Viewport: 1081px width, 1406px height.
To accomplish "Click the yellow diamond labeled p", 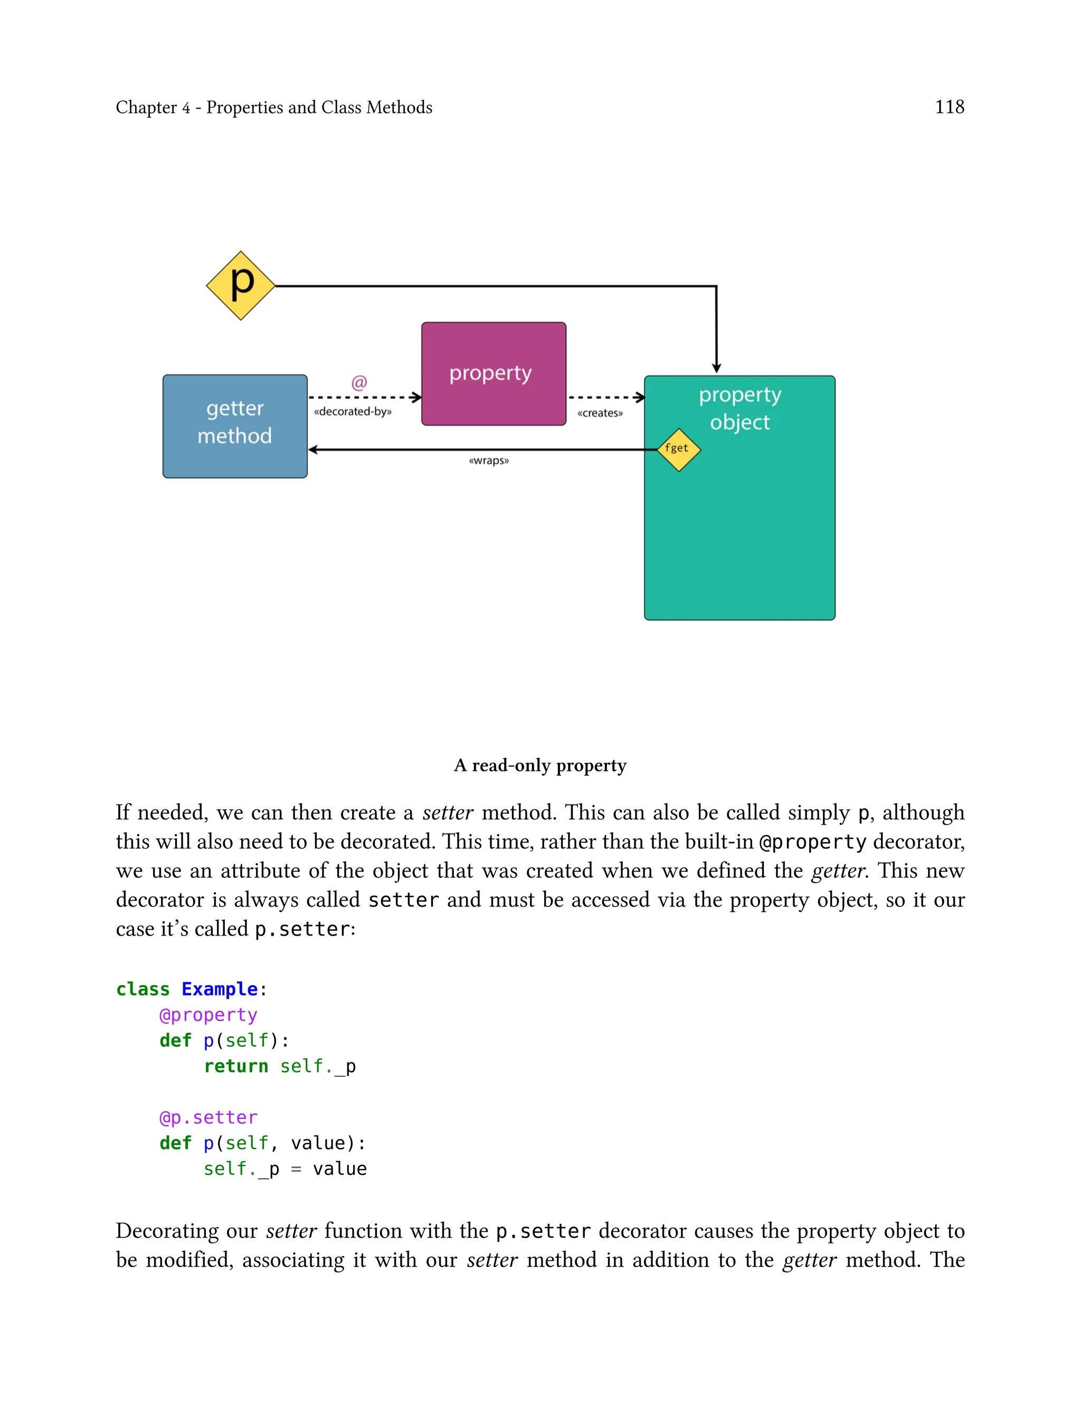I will (241, 285).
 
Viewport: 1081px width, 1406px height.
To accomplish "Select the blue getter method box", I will (235, 426).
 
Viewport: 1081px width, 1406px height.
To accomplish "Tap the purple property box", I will (494, 373).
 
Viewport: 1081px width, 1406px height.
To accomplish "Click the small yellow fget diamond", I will (678, 449).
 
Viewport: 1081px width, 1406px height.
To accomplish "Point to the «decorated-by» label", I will (353, 412).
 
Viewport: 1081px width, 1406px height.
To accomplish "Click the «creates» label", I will (600, 413).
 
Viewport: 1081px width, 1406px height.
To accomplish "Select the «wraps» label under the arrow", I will (489, 461).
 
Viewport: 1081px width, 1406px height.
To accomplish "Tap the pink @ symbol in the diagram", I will (359, 382).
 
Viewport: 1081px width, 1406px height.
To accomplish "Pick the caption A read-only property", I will (540, 765).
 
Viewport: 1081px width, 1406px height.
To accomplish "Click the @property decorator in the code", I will (208, 1015).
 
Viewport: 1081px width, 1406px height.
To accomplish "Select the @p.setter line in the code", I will (208, 1117).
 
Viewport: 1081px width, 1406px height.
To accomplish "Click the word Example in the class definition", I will (220, 989).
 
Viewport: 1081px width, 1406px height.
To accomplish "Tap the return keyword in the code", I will (235, 1066).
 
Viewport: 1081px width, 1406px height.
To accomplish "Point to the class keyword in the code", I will (143, 989).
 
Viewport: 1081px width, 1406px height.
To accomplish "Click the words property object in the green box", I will (740, 408).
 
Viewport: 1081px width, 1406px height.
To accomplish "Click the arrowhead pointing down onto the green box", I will (716, 368).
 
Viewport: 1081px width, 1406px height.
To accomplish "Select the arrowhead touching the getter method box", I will (314, 450).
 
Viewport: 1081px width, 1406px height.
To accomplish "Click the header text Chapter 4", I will (153, 108).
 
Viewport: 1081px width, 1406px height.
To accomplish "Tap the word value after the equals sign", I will (340, 1168).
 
